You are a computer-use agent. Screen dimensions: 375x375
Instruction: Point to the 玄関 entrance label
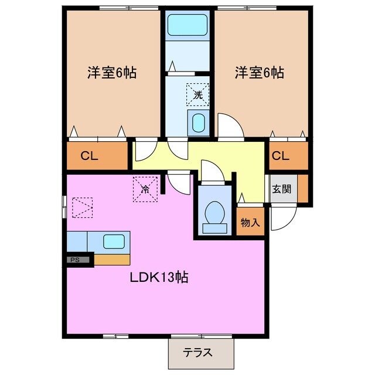click(x=279, y=189)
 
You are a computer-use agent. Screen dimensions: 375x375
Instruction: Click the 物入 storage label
click(x=250, y=223)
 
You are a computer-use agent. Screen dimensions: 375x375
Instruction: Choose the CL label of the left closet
click(x=89, y=156)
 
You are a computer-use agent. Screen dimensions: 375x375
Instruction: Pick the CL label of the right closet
click(x=281, y=156)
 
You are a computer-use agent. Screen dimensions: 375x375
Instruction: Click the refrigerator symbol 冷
click(x=145, y=188)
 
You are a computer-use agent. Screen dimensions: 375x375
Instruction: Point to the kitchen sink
click(x=113, y=241)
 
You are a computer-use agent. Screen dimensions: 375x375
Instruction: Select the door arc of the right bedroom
click(x=230, y=124)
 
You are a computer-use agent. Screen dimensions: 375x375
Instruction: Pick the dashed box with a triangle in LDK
click(x=82, y=207)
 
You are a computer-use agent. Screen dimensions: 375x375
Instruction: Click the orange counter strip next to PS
click(x=112, y=259)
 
